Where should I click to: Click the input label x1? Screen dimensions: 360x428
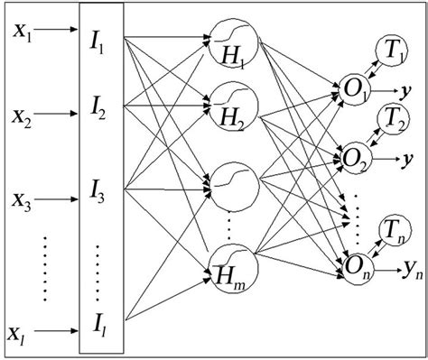tap(22, 33)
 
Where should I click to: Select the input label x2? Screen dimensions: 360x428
tap(22, 116)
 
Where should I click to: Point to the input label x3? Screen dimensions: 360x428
tap(22, 198)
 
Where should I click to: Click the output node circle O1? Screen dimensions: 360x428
tap(356, 91)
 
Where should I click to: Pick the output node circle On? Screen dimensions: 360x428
tap(356, 265)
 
